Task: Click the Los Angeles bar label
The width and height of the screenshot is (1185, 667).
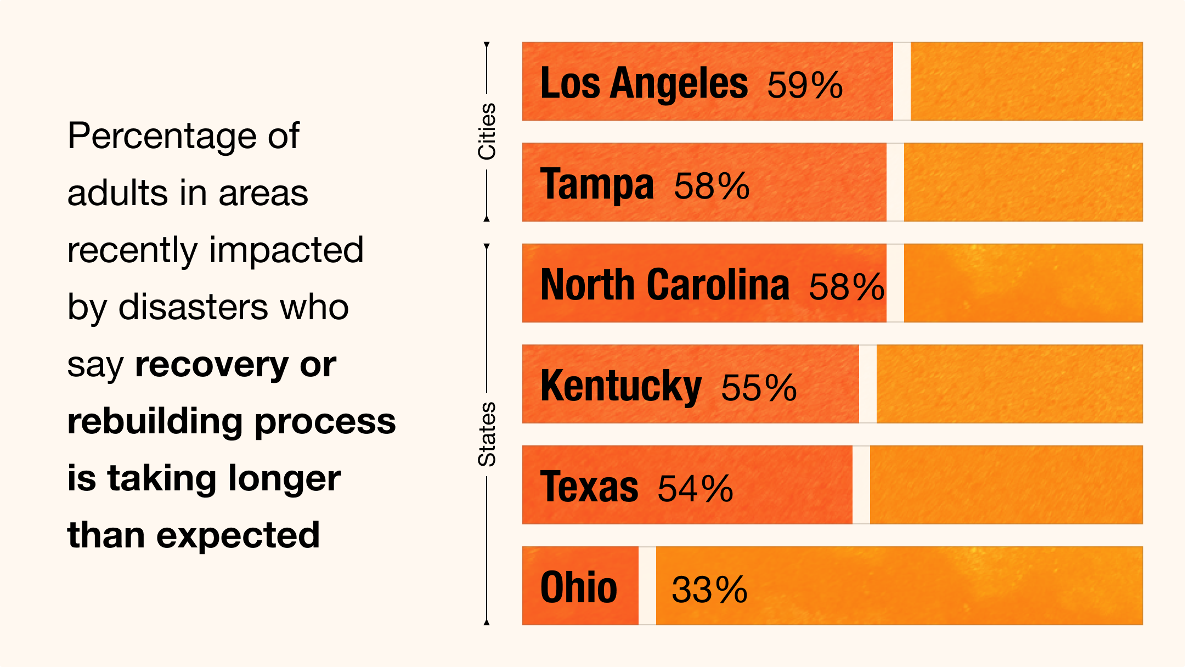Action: (644, 83)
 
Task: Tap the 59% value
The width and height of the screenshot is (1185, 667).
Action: (805, 85)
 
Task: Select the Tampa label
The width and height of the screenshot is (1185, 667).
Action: (597, 184)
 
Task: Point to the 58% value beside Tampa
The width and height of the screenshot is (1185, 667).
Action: (712, 186)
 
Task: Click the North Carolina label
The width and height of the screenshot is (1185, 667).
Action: (664, 285)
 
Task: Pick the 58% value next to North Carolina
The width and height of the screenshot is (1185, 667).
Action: (847, 287)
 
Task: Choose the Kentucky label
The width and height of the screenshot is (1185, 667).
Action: (620, 387)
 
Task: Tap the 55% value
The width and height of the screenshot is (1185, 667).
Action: (759, 388)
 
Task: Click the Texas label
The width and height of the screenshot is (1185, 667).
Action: (589, 487)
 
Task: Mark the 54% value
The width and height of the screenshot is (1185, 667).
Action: (695, 489)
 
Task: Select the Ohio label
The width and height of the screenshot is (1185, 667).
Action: (579, 587)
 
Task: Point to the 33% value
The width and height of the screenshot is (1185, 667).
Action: (709, 590)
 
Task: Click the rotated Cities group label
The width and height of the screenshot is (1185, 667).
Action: (487, 132)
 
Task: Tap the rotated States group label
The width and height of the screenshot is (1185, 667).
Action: (487, 434)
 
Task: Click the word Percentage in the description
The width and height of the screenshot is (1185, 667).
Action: (162, 136)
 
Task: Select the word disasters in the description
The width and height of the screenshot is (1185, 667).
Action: (194, 307)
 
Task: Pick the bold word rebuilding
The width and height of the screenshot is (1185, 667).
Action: (155, 421)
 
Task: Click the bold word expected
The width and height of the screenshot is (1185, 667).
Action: (238, 535)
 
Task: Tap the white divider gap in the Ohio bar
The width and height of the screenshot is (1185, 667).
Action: (647, 586)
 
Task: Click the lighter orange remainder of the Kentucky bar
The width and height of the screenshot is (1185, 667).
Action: (1009, 384)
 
